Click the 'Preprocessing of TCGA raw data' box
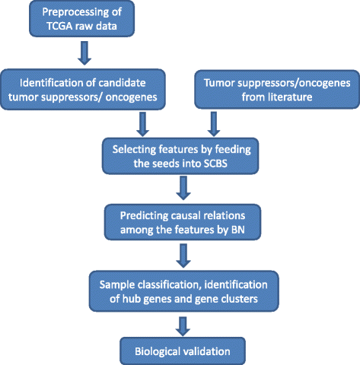pyautogui.click(x=81, y=19)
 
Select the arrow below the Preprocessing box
pyautogui.click(x=84, y=53)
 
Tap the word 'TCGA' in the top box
pyautogui.click(x=60, y=26)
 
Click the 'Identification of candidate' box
pyautogui.click(x=83, y=90)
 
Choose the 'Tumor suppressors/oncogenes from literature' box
pyautogui.click(x=277, y=90)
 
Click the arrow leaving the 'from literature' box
pyautogui.click(x=214, y=125)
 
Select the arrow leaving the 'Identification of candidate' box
pyautogui.click(x=142, y=125)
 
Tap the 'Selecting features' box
pyautogui.click(x=180, y=156)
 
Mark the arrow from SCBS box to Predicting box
pyautogui.click(x=183, y=188)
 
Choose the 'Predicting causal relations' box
pyautogui.click(x=183, y=222)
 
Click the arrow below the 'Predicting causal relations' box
pyautogui.click(x=183, y=255)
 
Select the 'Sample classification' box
pyautogui.click(x=183, y=291)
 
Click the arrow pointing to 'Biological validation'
pyautogui.click(x=183, y=326)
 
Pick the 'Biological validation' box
pyautogui.click(x=183, y=351)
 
